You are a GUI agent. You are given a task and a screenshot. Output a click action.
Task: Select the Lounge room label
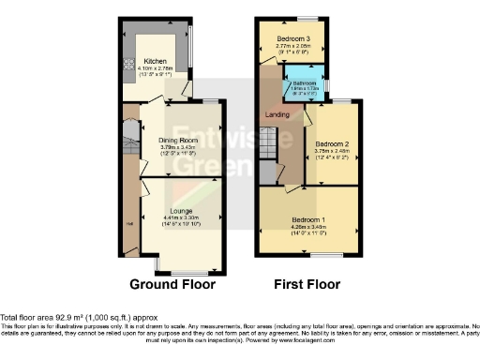coord(182,211)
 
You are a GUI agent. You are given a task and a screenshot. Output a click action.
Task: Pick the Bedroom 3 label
coord(292,38)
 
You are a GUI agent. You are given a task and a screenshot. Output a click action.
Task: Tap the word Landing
coord(278,114)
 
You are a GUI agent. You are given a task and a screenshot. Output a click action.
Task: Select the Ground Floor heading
coord(172,284)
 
